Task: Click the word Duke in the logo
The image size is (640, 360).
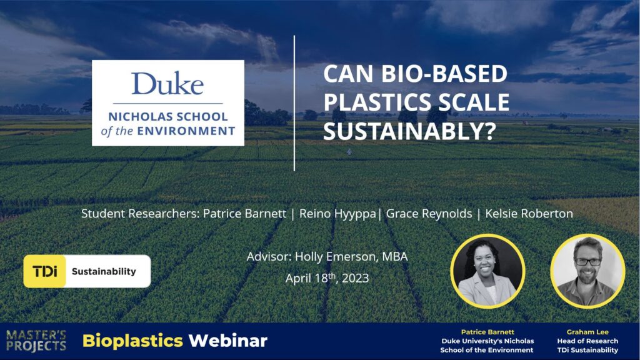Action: (x=167, y=84)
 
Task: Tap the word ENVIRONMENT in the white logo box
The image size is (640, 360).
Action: (x=186, y=131)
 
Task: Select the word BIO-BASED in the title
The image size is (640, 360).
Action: (x=444, y=74)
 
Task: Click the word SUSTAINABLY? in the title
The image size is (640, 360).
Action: (x=409, y=131)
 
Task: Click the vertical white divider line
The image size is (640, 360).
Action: (x=294, y=103)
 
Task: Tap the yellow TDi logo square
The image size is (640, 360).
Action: (x=45, y=271)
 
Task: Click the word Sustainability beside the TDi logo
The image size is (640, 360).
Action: (x=104, y=271)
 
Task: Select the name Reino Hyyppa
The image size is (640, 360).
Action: (x=337, y=214)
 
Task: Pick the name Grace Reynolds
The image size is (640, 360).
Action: (x=429, y=214)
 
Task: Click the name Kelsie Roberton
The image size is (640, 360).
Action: (x=529, y=214)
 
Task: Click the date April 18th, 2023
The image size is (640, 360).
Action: (x=327, y=278)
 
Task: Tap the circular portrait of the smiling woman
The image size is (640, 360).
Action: (x=487, y=271)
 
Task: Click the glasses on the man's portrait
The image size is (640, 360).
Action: (x=587, y=262)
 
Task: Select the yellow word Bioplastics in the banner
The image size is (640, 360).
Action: (x=132, y=341)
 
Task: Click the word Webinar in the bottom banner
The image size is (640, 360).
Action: (x=227, y=341)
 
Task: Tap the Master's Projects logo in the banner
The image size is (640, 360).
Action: (x=36, y=341)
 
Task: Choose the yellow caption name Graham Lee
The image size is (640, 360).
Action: (x=587, y=332)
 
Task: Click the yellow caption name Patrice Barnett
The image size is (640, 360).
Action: (x=487, y=332)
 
